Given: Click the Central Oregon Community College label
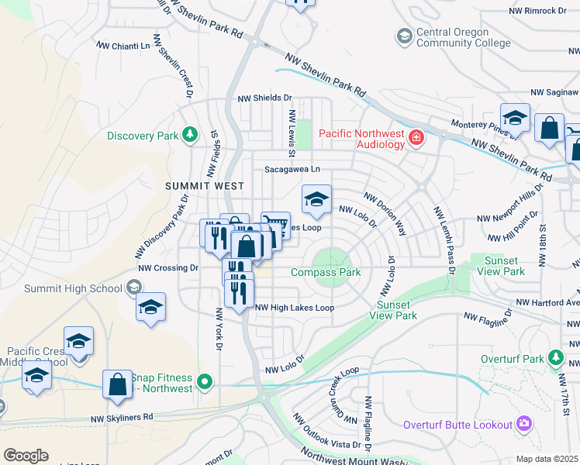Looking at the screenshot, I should pos(453,37).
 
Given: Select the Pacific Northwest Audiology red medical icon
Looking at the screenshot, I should pos(417,138).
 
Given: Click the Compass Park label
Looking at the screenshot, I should pos(326,272).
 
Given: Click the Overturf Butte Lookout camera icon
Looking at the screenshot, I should pos(525,423).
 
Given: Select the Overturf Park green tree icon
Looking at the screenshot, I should pos(555,358).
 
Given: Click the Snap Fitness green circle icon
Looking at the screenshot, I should pos(205,381).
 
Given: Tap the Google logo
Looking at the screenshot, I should pos(26,456).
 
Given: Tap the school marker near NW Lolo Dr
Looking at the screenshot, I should pos(316,200).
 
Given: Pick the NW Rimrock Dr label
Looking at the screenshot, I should pos(538,11).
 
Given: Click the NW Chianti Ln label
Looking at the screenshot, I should pos(123,46).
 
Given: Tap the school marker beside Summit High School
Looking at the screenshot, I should pos(150,306).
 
